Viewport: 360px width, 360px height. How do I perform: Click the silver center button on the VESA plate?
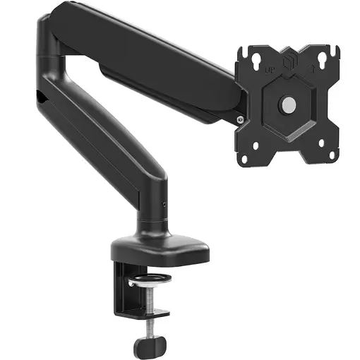(287, 104)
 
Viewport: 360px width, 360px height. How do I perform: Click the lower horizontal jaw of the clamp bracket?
(140, 311)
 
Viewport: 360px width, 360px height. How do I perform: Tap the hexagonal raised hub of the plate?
(287, 104)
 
